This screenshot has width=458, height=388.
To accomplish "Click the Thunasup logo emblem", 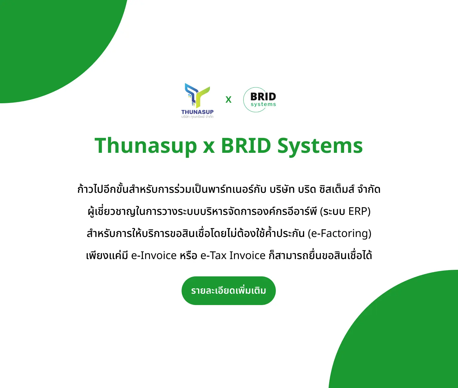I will click(197, 96).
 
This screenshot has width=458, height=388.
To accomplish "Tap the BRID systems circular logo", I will click(259, 100).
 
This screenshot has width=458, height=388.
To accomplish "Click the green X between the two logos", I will click(228, 100).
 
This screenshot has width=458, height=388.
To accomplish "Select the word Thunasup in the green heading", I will click(146, 146).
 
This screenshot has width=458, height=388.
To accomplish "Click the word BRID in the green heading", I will click(246, 146).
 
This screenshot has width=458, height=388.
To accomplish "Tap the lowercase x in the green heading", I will click(209, 147).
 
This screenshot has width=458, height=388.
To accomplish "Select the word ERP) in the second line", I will click(359, 211).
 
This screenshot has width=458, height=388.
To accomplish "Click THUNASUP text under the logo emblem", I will click(197, 112).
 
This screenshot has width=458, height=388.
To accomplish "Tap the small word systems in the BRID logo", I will click(263, 104).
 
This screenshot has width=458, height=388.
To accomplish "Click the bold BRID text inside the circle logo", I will click(263, 97).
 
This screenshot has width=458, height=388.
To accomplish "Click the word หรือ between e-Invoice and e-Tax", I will click(188, 255).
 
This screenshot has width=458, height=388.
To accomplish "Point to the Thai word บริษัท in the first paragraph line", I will click(282, 190).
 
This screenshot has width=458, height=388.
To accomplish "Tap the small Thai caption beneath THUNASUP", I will click(197, 117).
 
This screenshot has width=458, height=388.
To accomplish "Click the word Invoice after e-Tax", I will click(247, 255).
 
